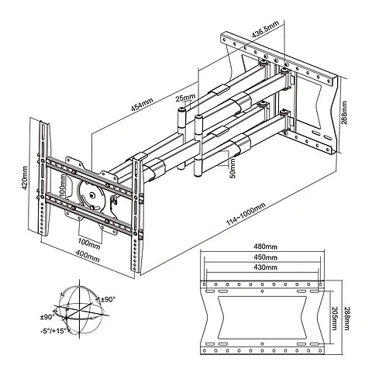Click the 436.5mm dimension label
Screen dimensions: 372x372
pyautogui.click(x=265, y=29)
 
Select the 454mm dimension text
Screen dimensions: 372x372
pyautogui.click(x=142, y=105)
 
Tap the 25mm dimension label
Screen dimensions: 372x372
pyautogui.click(x=185, y=98)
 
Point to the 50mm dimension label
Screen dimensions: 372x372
pyautogui.click(x=232, y=168)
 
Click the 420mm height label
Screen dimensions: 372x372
pyautogui.click(x=25, y=177)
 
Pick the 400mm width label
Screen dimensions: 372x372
pyautogui.click(x=88, y=257)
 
